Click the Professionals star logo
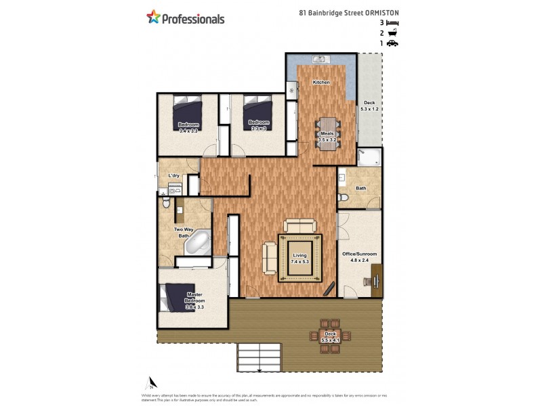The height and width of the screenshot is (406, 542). pyautogui.click(x=154, y=18)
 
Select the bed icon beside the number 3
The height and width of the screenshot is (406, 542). pyautogui.click(x=392, y=22)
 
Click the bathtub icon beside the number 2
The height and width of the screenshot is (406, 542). pyautogui.click(x=392, y=32)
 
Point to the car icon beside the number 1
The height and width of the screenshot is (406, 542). pyautogui.click(x=392, y=43)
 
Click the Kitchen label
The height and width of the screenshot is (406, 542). pyautogui.click(x=321, y=83)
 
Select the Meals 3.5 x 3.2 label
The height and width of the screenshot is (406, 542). pyautogui.click(x=328, y=137)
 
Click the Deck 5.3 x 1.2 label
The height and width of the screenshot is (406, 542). pyautogui.click(x=369, y=106)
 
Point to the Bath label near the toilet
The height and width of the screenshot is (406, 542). pyautogui.click(x=361, y=189)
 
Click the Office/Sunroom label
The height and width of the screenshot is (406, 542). pyautogui.click(x=359, y=254)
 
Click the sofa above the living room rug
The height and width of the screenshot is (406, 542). pyautogui.click(x=299, y=226)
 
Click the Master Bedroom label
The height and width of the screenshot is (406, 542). pyautogui.click(x=194, y=300)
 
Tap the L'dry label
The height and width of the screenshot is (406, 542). pyautogui.click(x=174, y=176)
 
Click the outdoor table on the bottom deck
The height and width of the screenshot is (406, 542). pyautogui.click(x=330, y=334)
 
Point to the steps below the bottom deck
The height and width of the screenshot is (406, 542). pyautogui.click(x=258, y=357)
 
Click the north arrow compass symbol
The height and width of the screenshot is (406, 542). pyautogui.click(x=154, y=383)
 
